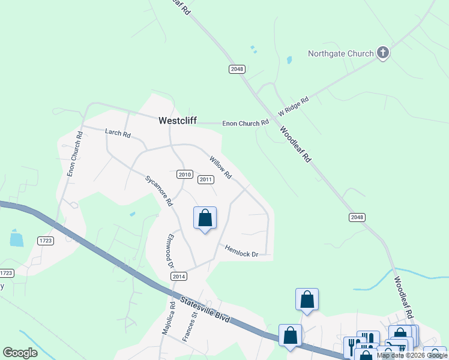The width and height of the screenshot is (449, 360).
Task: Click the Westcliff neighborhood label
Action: click(177, 121)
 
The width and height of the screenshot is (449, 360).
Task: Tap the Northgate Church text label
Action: click(340, 53)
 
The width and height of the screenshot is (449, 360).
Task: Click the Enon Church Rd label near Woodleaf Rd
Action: click(246, 123)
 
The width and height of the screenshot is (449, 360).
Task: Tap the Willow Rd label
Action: click(220, 168)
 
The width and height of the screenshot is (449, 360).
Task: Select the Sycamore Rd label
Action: click(159, 191)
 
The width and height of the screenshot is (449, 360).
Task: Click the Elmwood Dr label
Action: click(170, 251)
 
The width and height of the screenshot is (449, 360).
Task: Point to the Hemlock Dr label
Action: click(241, 251)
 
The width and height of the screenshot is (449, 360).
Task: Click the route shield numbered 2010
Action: click(184, 175)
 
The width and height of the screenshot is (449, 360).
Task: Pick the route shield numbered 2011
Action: click(206, 179)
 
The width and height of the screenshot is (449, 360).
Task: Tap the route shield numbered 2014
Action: click(179, 276)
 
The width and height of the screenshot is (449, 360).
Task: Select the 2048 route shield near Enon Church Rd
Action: click(237, 69)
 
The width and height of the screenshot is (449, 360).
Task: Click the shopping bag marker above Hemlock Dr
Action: click(205, 218)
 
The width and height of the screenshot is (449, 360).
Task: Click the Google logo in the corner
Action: click(20, 353)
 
